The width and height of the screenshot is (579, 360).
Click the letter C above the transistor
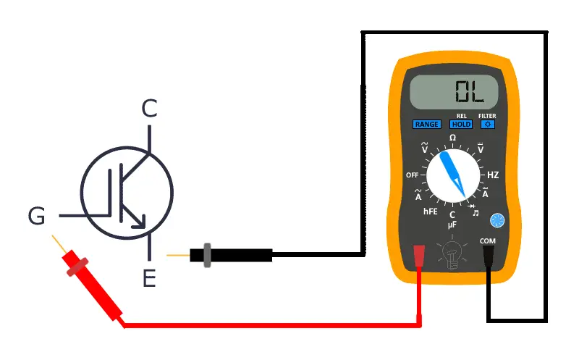[148, 109]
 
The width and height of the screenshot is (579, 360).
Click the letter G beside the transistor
[37, 215]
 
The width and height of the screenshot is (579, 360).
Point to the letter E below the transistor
[149, 277]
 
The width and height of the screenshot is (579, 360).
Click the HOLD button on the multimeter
[461, 124]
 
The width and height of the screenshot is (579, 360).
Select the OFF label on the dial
[413, 175]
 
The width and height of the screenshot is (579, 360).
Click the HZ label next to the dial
[493, 175]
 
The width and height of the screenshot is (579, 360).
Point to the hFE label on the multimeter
[430, 212]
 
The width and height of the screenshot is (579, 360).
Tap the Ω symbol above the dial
[453, 138]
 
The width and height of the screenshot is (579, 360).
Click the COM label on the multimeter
[488, 240]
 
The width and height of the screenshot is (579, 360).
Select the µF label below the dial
[452, 225]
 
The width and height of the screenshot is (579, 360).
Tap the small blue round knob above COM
[496, 220]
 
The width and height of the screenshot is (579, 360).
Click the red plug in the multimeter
[418, 256]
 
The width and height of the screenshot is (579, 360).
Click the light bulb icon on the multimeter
[452, 253]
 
